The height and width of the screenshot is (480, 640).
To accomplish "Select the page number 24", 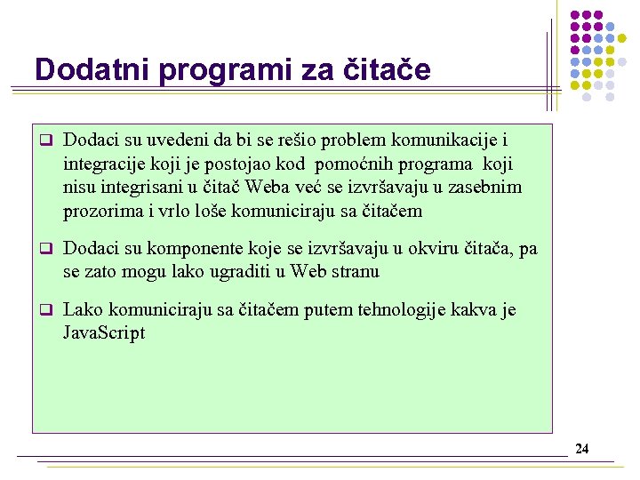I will point(581,449).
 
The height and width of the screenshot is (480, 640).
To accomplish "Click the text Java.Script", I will point(104,333).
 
